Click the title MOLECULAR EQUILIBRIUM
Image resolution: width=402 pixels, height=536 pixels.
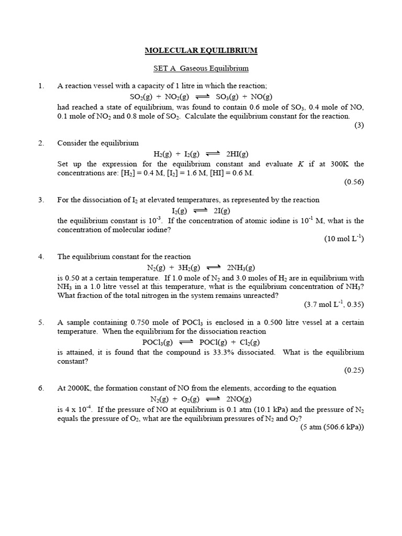pyautogui.click(x=201, y=51)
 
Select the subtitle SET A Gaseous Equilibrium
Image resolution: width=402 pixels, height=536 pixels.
pyautogui.click(x=201, y=68)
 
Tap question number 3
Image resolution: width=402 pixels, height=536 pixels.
pyautogui.click(x=41, y=200)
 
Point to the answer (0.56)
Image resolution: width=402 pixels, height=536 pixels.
pyautogui.click(x=353, y=182)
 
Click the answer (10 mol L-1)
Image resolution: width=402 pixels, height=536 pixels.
pyautogui.click(x=344, y=239)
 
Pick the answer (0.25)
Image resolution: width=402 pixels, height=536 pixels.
pyautogui.click(x=353, y=370)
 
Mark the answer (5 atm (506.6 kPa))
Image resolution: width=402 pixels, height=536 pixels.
pyautogui.click(x=332, y=427)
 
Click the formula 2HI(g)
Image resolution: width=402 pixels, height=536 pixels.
pyautogui.click(x=238, y=154)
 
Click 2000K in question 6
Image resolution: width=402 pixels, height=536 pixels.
pyautogui.click(x=76, y=388)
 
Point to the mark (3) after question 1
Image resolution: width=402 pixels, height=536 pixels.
pyautogui.click(x=359, y=125)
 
